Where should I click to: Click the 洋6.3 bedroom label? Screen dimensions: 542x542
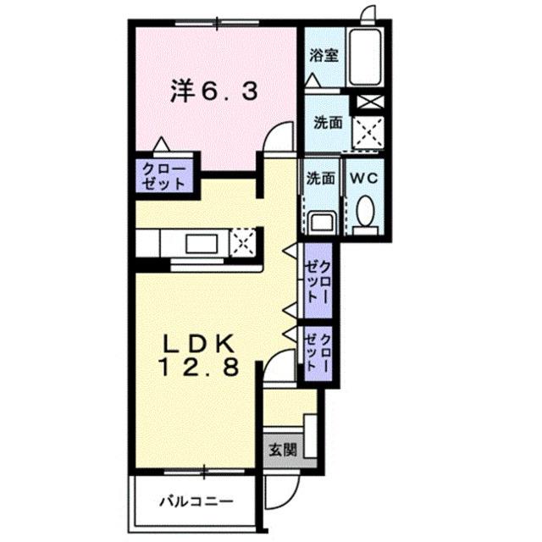coord(214,91)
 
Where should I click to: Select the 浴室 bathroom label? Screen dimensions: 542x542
coord(324,55)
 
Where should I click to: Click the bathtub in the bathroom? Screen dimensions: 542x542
coord(365,58)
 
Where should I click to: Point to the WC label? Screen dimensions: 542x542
coord(364,179)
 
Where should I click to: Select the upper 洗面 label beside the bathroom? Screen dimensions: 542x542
coord(328,123)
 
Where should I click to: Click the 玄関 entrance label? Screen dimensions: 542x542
coord(283,450)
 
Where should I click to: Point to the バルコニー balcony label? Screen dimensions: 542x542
coord(196,501)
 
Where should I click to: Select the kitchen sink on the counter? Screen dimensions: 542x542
coord(202,243)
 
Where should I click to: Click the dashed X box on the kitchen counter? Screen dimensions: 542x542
coord(243,242)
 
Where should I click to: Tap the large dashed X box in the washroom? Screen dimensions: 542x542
coord(368,132)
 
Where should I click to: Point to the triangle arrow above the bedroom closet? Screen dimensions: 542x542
coord(162,145)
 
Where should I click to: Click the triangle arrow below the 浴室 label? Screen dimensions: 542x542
coord(313,80)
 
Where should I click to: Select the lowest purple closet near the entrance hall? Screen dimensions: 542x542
coord(318,353)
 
